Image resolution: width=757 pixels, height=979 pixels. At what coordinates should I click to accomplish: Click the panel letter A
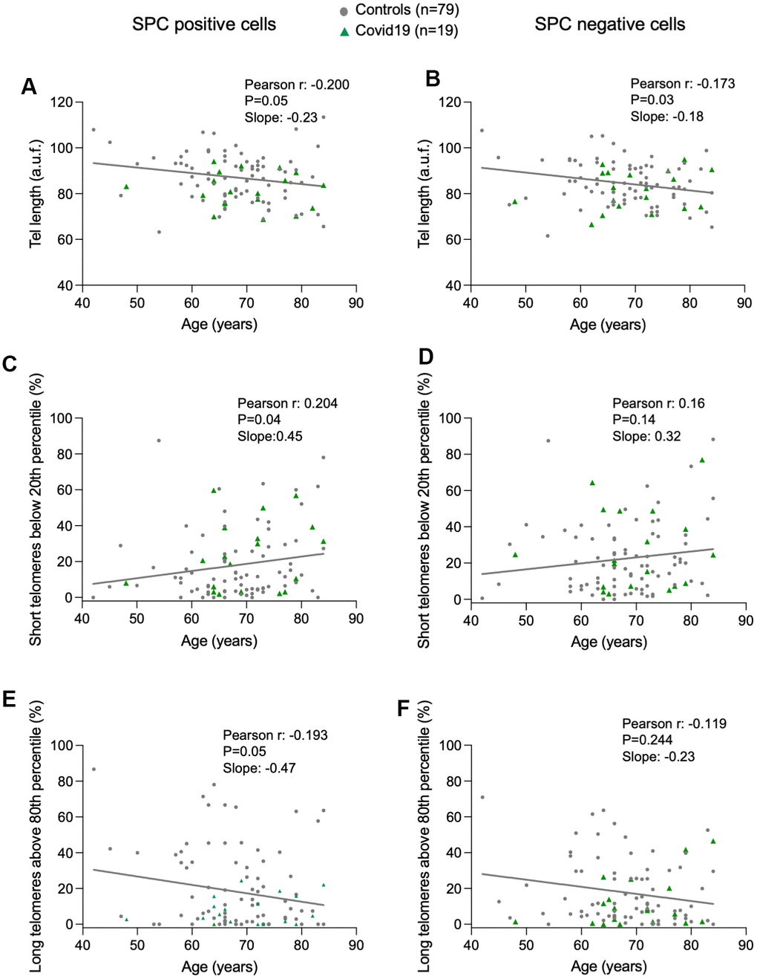(29, 87)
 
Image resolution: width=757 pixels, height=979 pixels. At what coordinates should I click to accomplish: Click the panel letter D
(425, 357)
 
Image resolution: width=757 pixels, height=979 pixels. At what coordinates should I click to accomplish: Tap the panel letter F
(404, 709)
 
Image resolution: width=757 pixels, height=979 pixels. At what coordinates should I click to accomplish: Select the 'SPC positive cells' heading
(204, 25)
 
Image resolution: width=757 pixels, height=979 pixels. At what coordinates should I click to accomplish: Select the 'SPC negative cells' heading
(610, 25)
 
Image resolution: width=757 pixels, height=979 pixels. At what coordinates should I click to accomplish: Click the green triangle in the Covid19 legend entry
(344, 32)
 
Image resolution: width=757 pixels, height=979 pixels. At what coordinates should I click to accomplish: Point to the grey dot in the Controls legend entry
(344, 11)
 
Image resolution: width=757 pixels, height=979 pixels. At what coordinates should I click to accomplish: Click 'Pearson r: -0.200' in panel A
(297, 85)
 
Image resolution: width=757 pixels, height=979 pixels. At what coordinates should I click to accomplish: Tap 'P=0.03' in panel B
(652, 100)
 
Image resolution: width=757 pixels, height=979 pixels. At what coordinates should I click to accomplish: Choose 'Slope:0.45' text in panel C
(270, 436)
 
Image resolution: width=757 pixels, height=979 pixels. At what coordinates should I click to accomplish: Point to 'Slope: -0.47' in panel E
(259, 768)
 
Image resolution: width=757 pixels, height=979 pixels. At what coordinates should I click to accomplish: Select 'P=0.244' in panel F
(647, 740)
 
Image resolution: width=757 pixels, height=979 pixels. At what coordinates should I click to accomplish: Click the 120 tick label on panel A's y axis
(62, 102)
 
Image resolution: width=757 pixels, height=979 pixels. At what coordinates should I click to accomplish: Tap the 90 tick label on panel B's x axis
(744, 303)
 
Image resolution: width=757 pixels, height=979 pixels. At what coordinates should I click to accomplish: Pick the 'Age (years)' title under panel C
(220, 641)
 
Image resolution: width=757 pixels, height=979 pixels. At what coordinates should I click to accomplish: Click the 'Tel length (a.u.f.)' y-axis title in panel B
(424, 193)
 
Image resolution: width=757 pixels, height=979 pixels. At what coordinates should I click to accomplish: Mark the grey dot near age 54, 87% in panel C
(159, 440)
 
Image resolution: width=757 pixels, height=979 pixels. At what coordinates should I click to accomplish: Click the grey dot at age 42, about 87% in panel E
(94, 769)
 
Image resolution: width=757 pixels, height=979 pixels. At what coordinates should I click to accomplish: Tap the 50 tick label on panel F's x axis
(526, 945)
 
